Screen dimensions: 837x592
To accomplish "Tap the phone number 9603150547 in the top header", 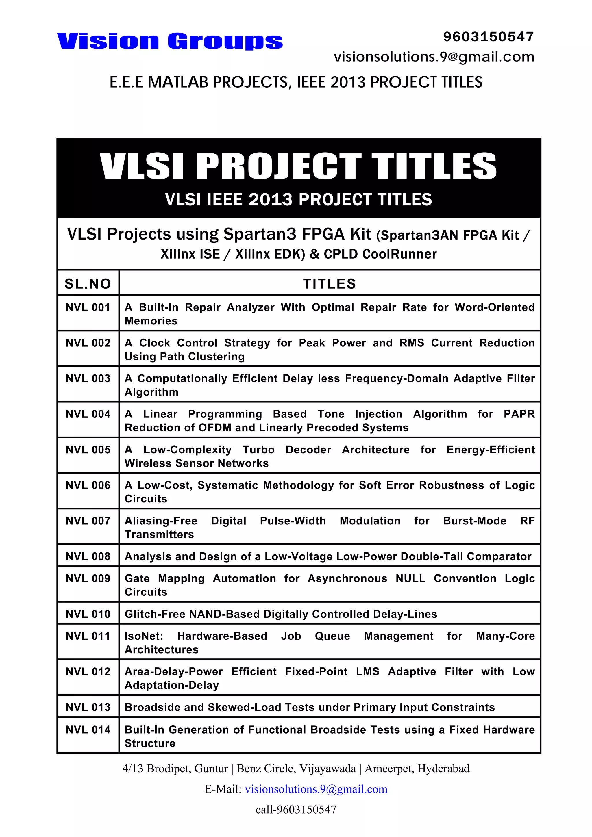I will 489,37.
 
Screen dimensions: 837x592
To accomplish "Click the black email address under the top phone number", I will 434,57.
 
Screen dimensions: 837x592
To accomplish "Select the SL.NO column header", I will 88,284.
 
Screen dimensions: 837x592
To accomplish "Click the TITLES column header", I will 329,284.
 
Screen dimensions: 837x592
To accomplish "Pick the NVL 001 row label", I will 88,307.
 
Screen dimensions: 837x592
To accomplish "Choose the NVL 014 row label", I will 88,730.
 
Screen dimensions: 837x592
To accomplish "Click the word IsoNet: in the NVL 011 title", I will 144,636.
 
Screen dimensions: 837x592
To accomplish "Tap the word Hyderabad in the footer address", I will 443,769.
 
